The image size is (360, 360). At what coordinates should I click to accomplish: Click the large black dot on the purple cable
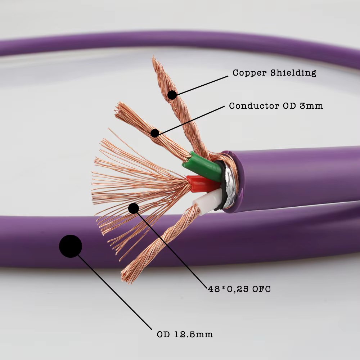tap(71, 246)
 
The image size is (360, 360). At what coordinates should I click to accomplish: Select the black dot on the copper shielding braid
tap(172, 95)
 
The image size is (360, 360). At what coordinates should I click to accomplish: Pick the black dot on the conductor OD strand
tap(155, 133)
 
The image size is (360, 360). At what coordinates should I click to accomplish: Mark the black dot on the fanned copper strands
tap(134, 208)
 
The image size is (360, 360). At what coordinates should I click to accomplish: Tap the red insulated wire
tap(202, 184)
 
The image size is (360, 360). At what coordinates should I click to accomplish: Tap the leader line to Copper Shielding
tap(202, 85)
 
